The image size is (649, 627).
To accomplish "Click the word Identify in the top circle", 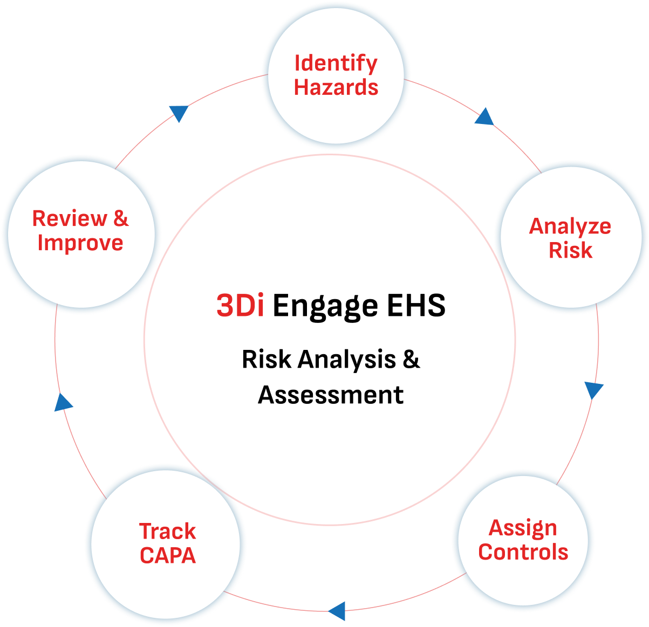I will pyautogui.click(x=336, y=64).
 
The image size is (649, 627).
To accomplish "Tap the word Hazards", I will pyautogui.click(x=336, y=87).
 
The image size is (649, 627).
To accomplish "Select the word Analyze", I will pyautogui.click(x=570, y=226).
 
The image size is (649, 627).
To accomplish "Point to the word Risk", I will pyautogui.click(x=570, y=251).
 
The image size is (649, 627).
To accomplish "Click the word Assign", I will pyautogui.click(x=523, y=528).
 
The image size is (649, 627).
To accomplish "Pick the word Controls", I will pyautogui.click(x=523, y=552).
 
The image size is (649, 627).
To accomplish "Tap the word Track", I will pyautogui.click(x=167, y=532).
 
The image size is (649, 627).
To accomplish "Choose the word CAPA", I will pyautogui.click(x=167, y=556).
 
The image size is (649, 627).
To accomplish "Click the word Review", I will pyautogui.click(x=70, y=219).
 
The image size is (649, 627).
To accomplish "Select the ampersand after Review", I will pyautogui.click(x=121, y=219).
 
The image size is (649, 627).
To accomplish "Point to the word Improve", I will pyautogui.click(x=80, y=243).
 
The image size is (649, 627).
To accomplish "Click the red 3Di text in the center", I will pyautogui.click(x=240, y=306).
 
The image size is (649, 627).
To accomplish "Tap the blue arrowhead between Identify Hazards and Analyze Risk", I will pyautogui.click(x=485, y=117).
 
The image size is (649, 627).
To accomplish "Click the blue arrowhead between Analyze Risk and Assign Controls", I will pyautogui.click(x=593, y=389).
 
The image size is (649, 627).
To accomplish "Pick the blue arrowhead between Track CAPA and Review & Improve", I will pyautogui.click(x=63, y=403).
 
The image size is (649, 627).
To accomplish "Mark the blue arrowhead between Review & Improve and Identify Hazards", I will pyautogui.click(x=179, y=112).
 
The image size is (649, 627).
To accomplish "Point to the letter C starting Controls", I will pyautogui.click(x=486, y=552).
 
